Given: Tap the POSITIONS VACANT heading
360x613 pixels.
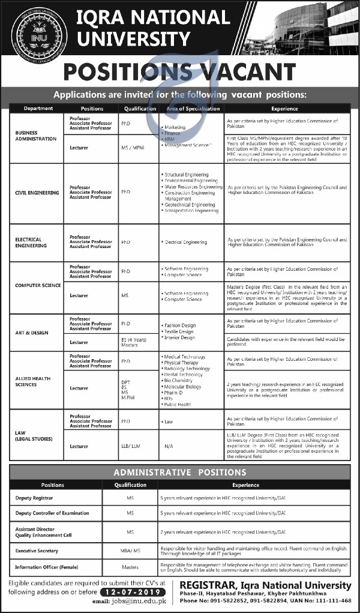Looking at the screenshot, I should click(x=179, y=72).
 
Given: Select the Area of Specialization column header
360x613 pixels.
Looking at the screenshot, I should click(x=193, y=109).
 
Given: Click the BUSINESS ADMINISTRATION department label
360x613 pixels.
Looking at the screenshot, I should click(x=36, y=136).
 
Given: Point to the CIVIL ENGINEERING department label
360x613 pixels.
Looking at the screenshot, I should click(x=37, y=193).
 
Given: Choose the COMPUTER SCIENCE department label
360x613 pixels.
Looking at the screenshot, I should click(x=38, y=285).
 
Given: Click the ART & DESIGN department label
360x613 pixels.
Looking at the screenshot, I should click(x=32, y=333).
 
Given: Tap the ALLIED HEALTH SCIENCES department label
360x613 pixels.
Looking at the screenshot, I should click(x=34, y=381).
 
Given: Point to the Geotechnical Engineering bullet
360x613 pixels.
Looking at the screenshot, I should click(x=186, y=205).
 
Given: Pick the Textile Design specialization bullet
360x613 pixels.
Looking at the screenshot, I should click(x=179, y=331).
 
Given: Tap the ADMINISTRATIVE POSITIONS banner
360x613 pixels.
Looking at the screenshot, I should click(x=180, y=473).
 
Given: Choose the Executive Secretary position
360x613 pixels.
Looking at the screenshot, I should click(x=37, y=550).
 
